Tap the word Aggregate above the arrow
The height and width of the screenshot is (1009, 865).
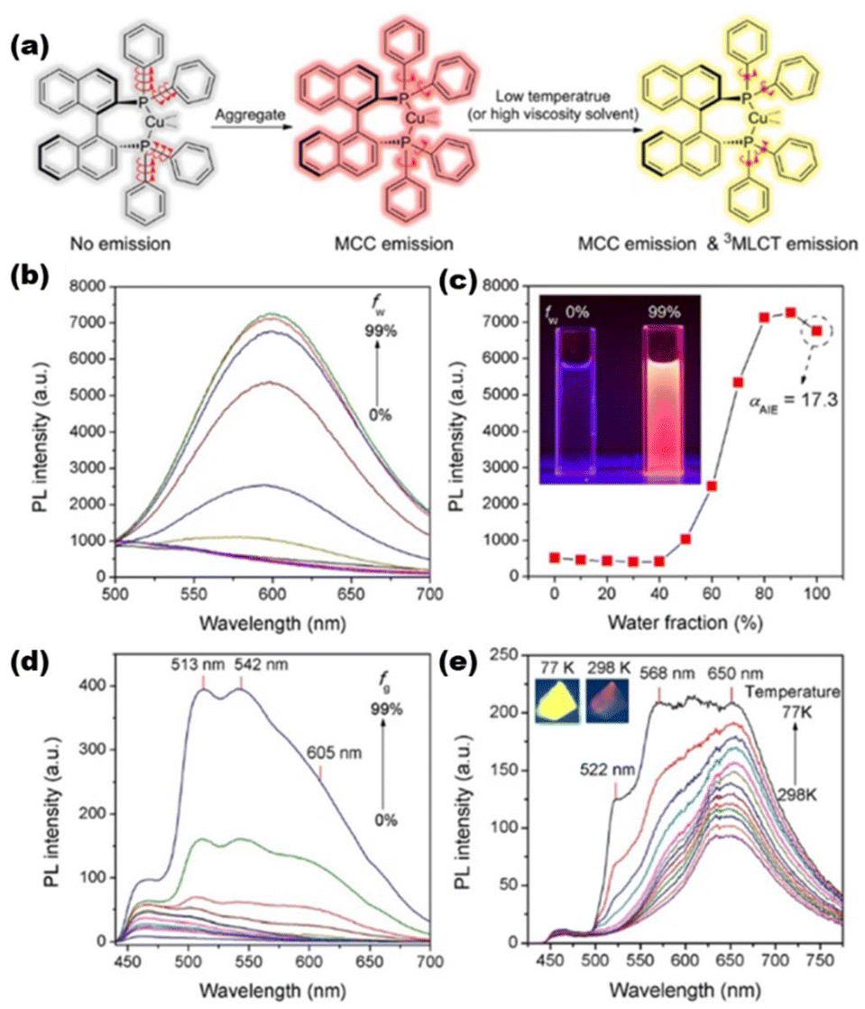coord(251,114)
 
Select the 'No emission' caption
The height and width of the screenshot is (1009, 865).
coord(121,244)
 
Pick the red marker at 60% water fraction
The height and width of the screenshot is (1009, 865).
coord(712,486)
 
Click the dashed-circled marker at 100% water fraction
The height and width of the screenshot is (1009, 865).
coord(817,330)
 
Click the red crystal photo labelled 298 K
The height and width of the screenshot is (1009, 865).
coord(607,701)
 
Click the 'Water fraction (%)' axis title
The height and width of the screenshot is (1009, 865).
coord(685,622)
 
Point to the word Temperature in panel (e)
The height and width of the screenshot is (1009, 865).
coord(792,691)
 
